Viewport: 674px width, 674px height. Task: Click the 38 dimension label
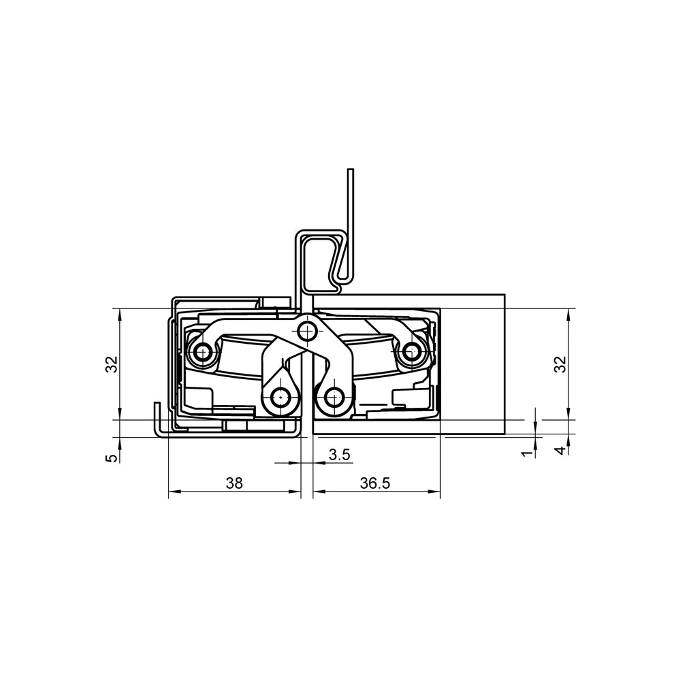coord(234,483)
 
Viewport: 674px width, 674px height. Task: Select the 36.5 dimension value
coord(375,483)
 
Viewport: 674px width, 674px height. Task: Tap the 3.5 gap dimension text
coord(338,455)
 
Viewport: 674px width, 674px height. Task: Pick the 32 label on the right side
coord(560,364)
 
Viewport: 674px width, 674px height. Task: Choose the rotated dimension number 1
coord(526,452)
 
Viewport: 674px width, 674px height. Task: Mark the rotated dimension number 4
coord(560,451)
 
